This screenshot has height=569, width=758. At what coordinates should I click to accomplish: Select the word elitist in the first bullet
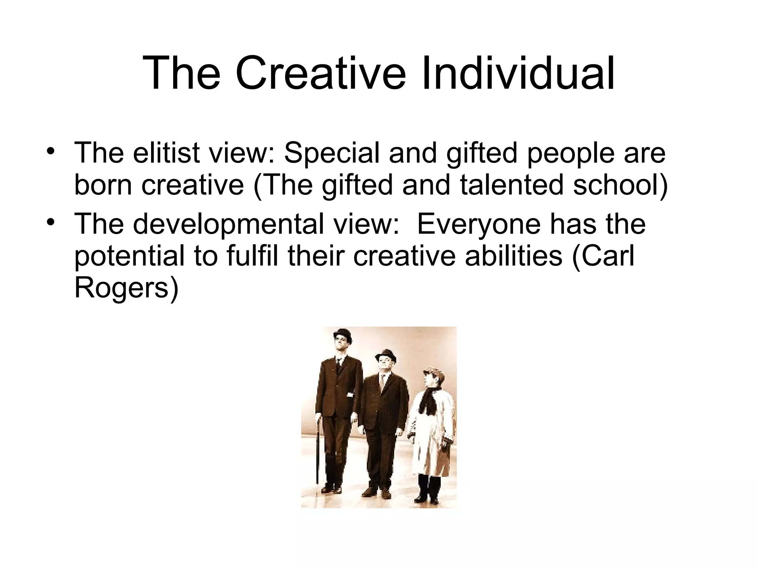[x=166, y=153]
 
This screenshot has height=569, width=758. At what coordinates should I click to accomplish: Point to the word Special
[x=332, y=153]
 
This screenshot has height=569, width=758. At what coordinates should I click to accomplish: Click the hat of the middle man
[x=385, y=356]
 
